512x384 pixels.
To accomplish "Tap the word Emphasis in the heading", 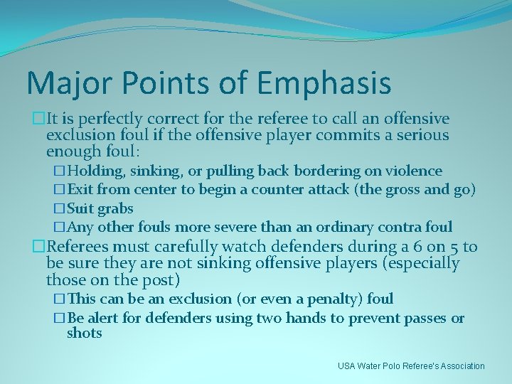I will click(324, 83).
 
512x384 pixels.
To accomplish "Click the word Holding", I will click(97, 171).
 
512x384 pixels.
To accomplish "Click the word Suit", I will click(80, 209).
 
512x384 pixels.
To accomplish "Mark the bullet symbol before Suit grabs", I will click(59, 209).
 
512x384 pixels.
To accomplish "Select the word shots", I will click(85, 334).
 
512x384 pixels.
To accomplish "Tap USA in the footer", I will click(347, 366).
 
